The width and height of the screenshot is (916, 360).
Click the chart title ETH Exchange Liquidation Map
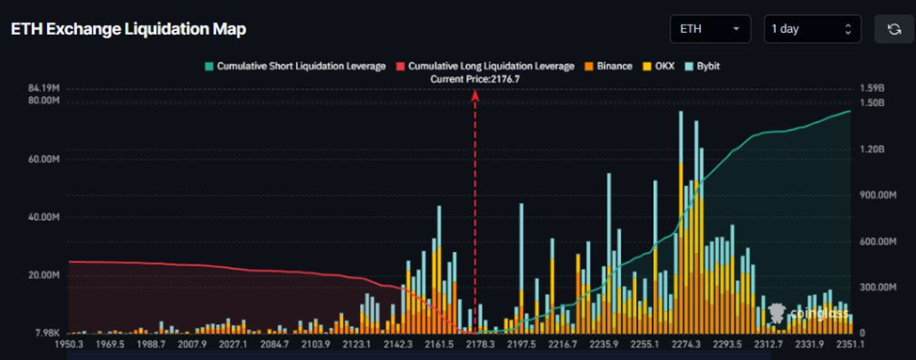point(128,29)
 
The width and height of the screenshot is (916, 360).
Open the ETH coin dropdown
point(709,29)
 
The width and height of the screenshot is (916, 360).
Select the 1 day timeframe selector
point(812,29)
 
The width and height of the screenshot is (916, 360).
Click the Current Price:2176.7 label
point(474,80)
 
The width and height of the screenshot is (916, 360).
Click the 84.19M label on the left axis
point(45,89)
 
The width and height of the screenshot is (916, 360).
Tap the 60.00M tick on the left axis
point(45,160)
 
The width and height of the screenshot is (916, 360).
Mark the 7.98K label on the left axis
point(48,334)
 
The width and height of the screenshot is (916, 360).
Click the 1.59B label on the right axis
point(873,89)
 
